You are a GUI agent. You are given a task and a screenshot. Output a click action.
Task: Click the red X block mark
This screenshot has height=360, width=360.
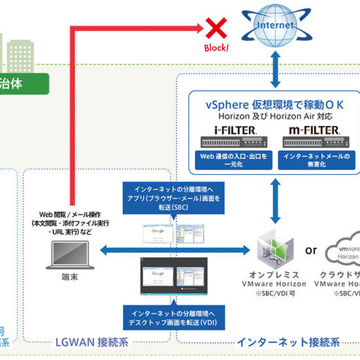pos(218,29)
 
